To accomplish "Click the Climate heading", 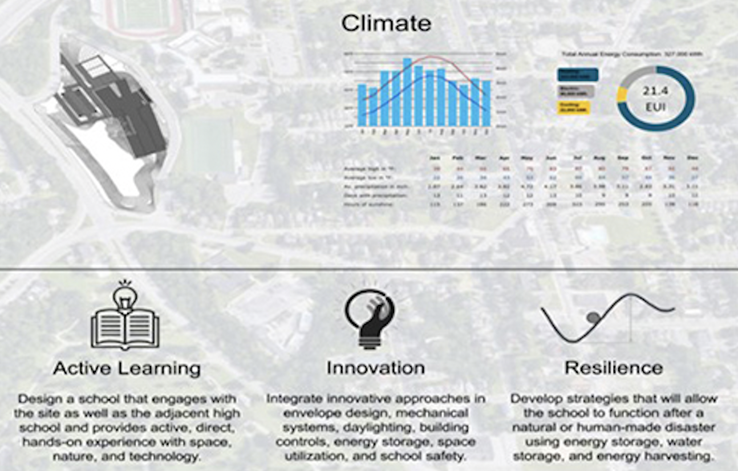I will coord(386,23).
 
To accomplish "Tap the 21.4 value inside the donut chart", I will coord(656,91).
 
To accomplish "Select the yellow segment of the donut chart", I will coord(622,95).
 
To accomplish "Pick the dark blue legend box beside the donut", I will coord(577,74).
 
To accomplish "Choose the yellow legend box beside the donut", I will coord(573,108).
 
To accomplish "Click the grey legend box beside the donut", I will coord(575,91).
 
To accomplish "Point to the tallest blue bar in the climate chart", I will coord(407,91).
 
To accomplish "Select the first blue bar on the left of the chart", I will coord(362,105).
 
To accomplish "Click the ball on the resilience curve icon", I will coord(594,317).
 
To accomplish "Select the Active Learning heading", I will coord(127,368).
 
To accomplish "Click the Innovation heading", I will coord(375,368).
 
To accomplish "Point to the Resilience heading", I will coord(614,368).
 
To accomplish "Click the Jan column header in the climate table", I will coord(436,158).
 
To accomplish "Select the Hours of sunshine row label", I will coord(368,204).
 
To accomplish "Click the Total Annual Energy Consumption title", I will coord(632,54).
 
